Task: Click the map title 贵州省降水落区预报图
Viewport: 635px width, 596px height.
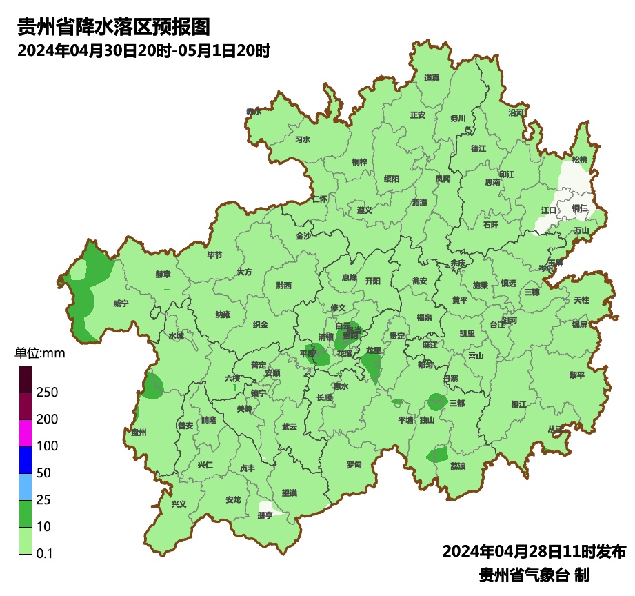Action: [113, 27]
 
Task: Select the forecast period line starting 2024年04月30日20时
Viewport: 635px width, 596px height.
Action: [143, 51]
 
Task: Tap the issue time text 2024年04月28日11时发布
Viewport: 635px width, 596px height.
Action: [534, 552]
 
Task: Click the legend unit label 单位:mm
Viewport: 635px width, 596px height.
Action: [40, 354]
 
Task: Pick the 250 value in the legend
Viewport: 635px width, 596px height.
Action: [47, 393]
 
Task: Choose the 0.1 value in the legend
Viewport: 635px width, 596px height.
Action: [45, 554]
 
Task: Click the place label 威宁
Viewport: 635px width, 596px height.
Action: [121, 304]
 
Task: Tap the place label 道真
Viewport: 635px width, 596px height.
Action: [432, 78]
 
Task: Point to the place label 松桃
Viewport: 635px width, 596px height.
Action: [580, 160]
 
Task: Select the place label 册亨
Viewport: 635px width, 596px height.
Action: [265, 515]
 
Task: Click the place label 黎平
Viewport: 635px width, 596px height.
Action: [576, 375]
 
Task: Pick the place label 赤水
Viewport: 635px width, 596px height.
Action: [254, 111]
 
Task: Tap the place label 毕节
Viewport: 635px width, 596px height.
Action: [214, 255]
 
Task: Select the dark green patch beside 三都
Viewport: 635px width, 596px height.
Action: [436, 401]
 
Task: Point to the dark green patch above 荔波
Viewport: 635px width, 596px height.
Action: [437, 455]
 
